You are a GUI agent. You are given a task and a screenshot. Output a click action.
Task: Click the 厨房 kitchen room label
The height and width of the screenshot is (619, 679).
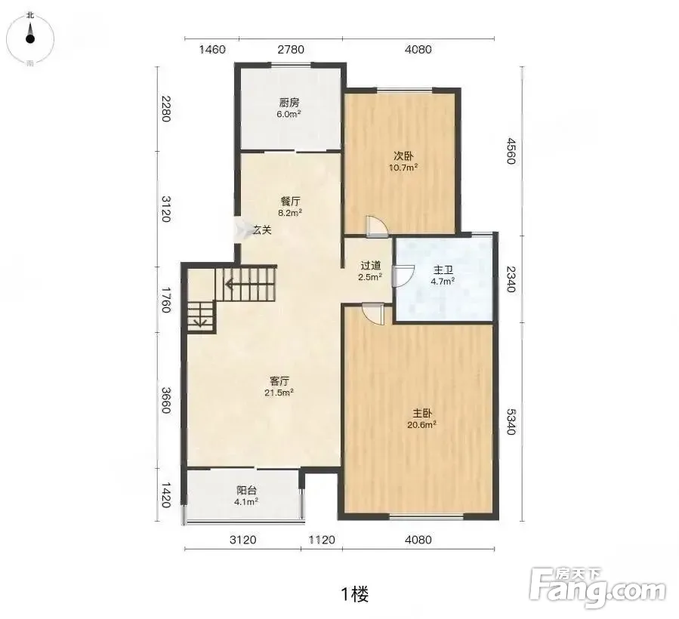tap(289, 108)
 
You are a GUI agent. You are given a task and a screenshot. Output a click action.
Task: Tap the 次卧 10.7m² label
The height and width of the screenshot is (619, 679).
tap(403, 161)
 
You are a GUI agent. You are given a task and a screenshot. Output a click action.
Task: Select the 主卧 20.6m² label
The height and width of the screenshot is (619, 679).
tap(421, 419)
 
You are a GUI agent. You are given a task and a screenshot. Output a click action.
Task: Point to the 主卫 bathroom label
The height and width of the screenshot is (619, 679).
tap(443, 276)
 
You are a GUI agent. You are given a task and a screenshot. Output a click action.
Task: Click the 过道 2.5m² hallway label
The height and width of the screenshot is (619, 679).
tap(370, 270)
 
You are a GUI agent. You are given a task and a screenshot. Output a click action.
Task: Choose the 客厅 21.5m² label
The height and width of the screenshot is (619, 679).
tap(279, 386)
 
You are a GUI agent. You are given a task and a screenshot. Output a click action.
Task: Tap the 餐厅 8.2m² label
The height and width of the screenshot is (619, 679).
tap(290, 207)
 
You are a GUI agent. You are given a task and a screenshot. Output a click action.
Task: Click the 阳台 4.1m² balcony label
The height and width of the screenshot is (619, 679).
tap(246, 496)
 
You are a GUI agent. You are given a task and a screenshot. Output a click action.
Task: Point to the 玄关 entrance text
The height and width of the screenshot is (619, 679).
tap(262, 229)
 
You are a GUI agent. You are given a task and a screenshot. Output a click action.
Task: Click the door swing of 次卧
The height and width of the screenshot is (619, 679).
tap(376, 226)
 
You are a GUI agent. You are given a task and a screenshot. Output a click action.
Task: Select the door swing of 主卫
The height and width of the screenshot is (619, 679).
tap(403, 276)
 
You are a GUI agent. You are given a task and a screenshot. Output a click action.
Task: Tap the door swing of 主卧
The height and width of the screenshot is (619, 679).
tap(372, 313)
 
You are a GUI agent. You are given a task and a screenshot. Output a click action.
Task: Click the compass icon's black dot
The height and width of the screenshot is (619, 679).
tap(30, 38)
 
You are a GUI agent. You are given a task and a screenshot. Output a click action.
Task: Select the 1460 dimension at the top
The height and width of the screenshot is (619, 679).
tap(212, 49)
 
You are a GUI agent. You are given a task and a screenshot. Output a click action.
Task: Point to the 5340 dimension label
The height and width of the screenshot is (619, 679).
tap(511, 421)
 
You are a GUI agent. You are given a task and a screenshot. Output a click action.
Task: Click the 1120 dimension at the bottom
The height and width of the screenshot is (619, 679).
tap(322, 540)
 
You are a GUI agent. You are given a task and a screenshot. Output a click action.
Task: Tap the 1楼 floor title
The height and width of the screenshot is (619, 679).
tap(355, 594)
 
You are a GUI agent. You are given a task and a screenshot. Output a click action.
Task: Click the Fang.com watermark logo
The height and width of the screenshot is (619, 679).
tap(597, 587)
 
